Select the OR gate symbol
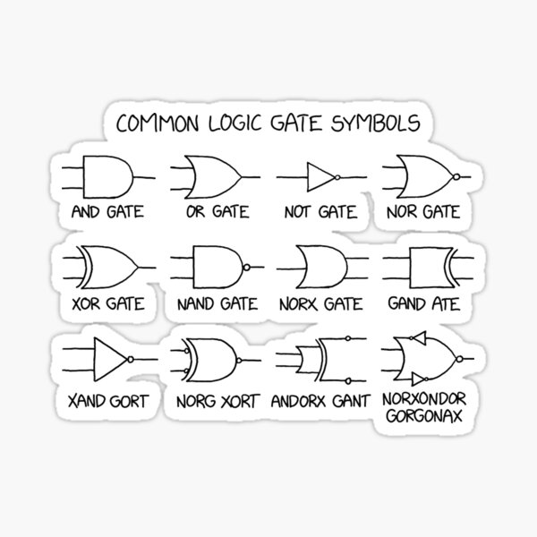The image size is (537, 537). tap(209, 176)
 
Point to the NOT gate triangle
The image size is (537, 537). tap(319, 176)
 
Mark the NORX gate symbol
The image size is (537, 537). tap(320, 267)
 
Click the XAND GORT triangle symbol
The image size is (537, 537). tap(110, 358)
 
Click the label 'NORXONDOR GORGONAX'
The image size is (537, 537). tap(427, 408)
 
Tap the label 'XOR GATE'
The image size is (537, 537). tap(108, 304)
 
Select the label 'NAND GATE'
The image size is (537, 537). tap(215, 304)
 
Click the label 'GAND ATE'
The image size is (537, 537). tap(423, 304)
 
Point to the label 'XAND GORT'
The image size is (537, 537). tap(107, 400)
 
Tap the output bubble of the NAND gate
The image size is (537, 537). tap(246, 267)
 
